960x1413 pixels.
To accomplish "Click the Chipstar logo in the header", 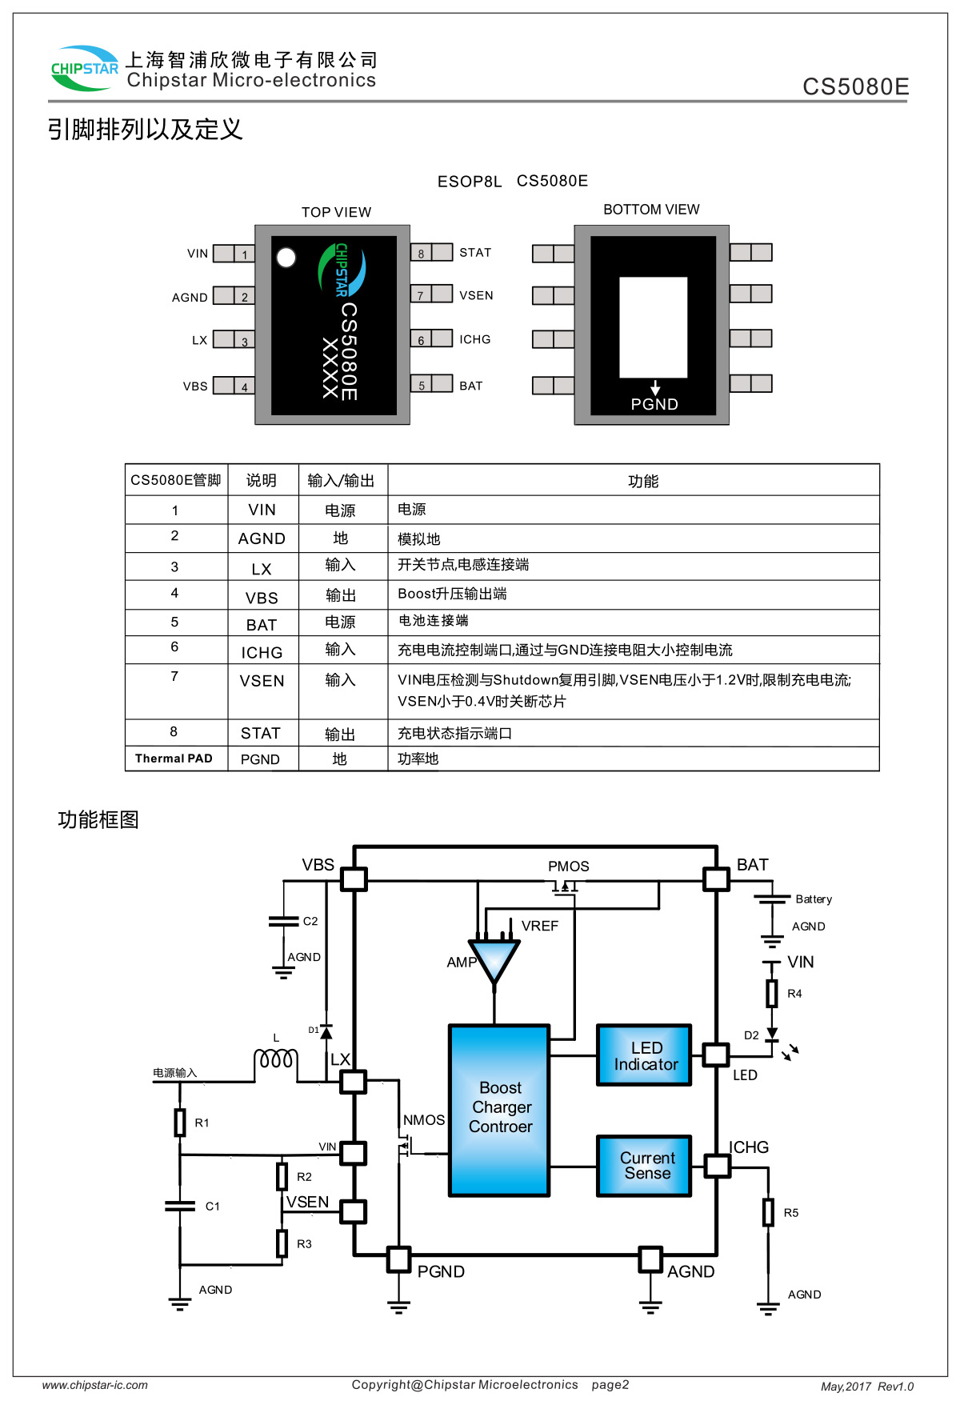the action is pyautogui.click(x=84, y=68).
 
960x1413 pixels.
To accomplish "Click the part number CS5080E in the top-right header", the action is pyautogui.click(x=856, y=86).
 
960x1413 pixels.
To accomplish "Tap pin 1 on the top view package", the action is pyautogui.click(x=244, y=254).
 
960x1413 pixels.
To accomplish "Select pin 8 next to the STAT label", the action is pyautogui.click(x=421, y=253).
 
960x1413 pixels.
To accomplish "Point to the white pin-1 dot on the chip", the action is pyautogui.click(x=286, y=258).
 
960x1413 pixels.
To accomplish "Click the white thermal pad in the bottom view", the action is pyautogui.click(x=654, y=327).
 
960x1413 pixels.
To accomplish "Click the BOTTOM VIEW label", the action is pyautogui.click(x=651, y=210).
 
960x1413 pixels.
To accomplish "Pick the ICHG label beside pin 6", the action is pyautogui.click(x=475, y=339).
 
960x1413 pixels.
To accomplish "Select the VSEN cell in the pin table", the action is pyautogui.click(x=262, y=681).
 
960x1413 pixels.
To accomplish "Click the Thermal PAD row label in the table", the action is pyautogui.click(x=174, y=759).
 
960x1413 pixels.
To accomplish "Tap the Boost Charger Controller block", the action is pyautogui.click(x=500, y=1111).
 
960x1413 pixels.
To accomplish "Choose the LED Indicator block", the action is pyautogui.click(x=644, y=1055).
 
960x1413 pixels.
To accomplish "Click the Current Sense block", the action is pyautogui.click(x=644, y=1166).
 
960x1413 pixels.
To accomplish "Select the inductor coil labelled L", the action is pyautogui.click(x=276, y=1061).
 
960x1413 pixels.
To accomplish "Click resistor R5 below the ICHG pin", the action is pyautogui.click(x=768, y=1212).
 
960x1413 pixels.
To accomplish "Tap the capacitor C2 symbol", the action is pyautogui.click(x=283, y=922).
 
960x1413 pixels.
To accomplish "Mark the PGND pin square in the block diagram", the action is pyautogui.click(x=398, y=1259).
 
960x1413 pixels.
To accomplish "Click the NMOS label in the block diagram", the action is pyautogui.click(x=424, y=1120).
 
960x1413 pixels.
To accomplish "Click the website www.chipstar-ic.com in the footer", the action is pyautogui.click(x=95, y=1385).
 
